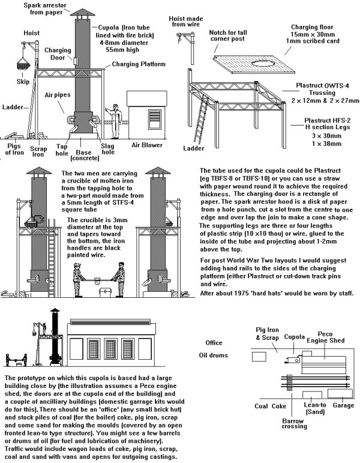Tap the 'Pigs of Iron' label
(x=14, y=148)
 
